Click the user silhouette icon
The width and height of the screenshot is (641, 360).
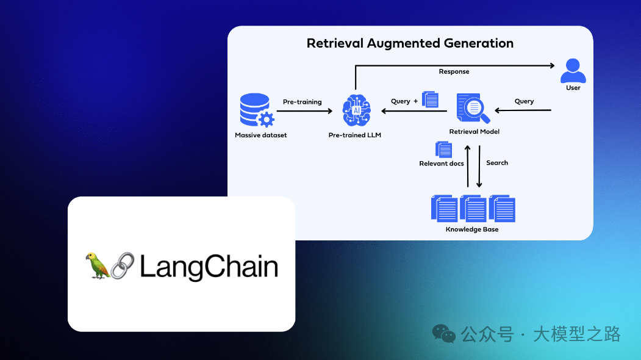click(x=573, y=70)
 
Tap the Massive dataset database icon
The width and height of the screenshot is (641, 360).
click(x=256, y=110)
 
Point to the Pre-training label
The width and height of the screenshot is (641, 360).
click(x=302, y=102)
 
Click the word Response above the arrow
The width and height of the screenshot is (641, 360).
click(x=454, y=72)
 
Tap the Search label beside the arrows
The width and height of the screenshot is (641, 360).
click(x=497, y=163)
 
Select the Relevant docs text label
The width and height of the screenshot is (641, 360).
click(x=442, y=164)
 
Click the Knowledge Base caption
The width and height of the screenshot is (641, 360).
click(x=471, y=229)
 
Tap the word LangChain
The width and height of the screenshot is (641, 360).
click(x=209, y=267)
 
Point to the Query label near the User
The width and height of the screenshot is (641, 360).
click(x=524, y=101)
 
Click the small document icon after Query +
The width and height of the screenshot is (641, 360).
click(x=431, y=99)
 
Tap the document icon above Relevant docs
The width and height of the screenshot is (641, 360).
click(x=443, y=149)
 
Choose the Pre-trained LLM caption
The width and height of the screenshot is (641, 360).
click(x=354, y=135)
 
